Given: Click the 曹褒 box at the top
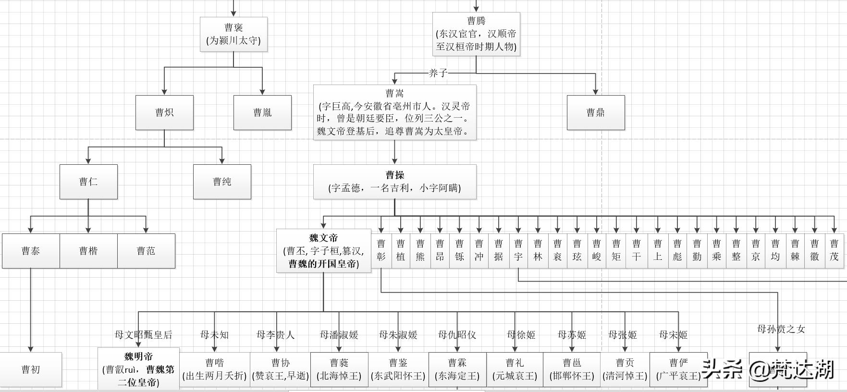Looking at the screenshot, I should point(233,34).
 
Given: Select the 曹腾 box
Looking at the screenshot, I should point(476,34).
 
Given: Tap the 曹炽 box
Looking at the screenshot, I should point(164,112).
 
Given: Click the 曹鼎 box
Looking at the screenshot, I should point(596,112).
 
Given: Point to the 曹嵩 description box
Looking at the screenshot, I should point(394,112).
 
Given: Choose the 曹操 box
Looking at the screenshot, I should point(394,182).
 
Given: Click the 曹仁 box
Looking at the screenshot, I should point(88,182).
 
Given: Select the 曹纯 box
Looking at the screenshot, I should point(222,182).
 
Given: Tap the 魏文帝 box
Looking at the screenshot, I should point(323,251).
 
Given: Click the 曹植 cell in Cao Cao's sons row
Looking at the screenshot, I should point(401,250).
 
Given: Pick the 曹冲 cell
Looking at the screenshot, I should point(479,250).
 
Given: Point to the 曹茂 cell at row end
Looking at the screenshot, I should point(834,250).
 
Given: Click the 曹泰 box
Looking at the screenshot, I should point(31,251).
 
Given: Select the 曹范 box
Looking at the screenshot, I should point(146,251).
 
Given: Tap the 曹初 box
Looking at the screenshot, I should point(31,369).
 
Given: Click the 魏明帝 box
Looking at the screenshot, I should point(138,369).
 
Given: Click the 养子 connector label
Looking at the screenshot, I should point(438,73).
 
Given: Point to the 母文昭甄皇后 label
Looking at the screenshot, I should point(143,335).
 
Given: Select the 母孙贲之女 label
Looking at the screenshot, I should point(781,329).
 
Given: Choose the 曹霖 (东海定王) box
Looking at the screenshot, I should point(457,369).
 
